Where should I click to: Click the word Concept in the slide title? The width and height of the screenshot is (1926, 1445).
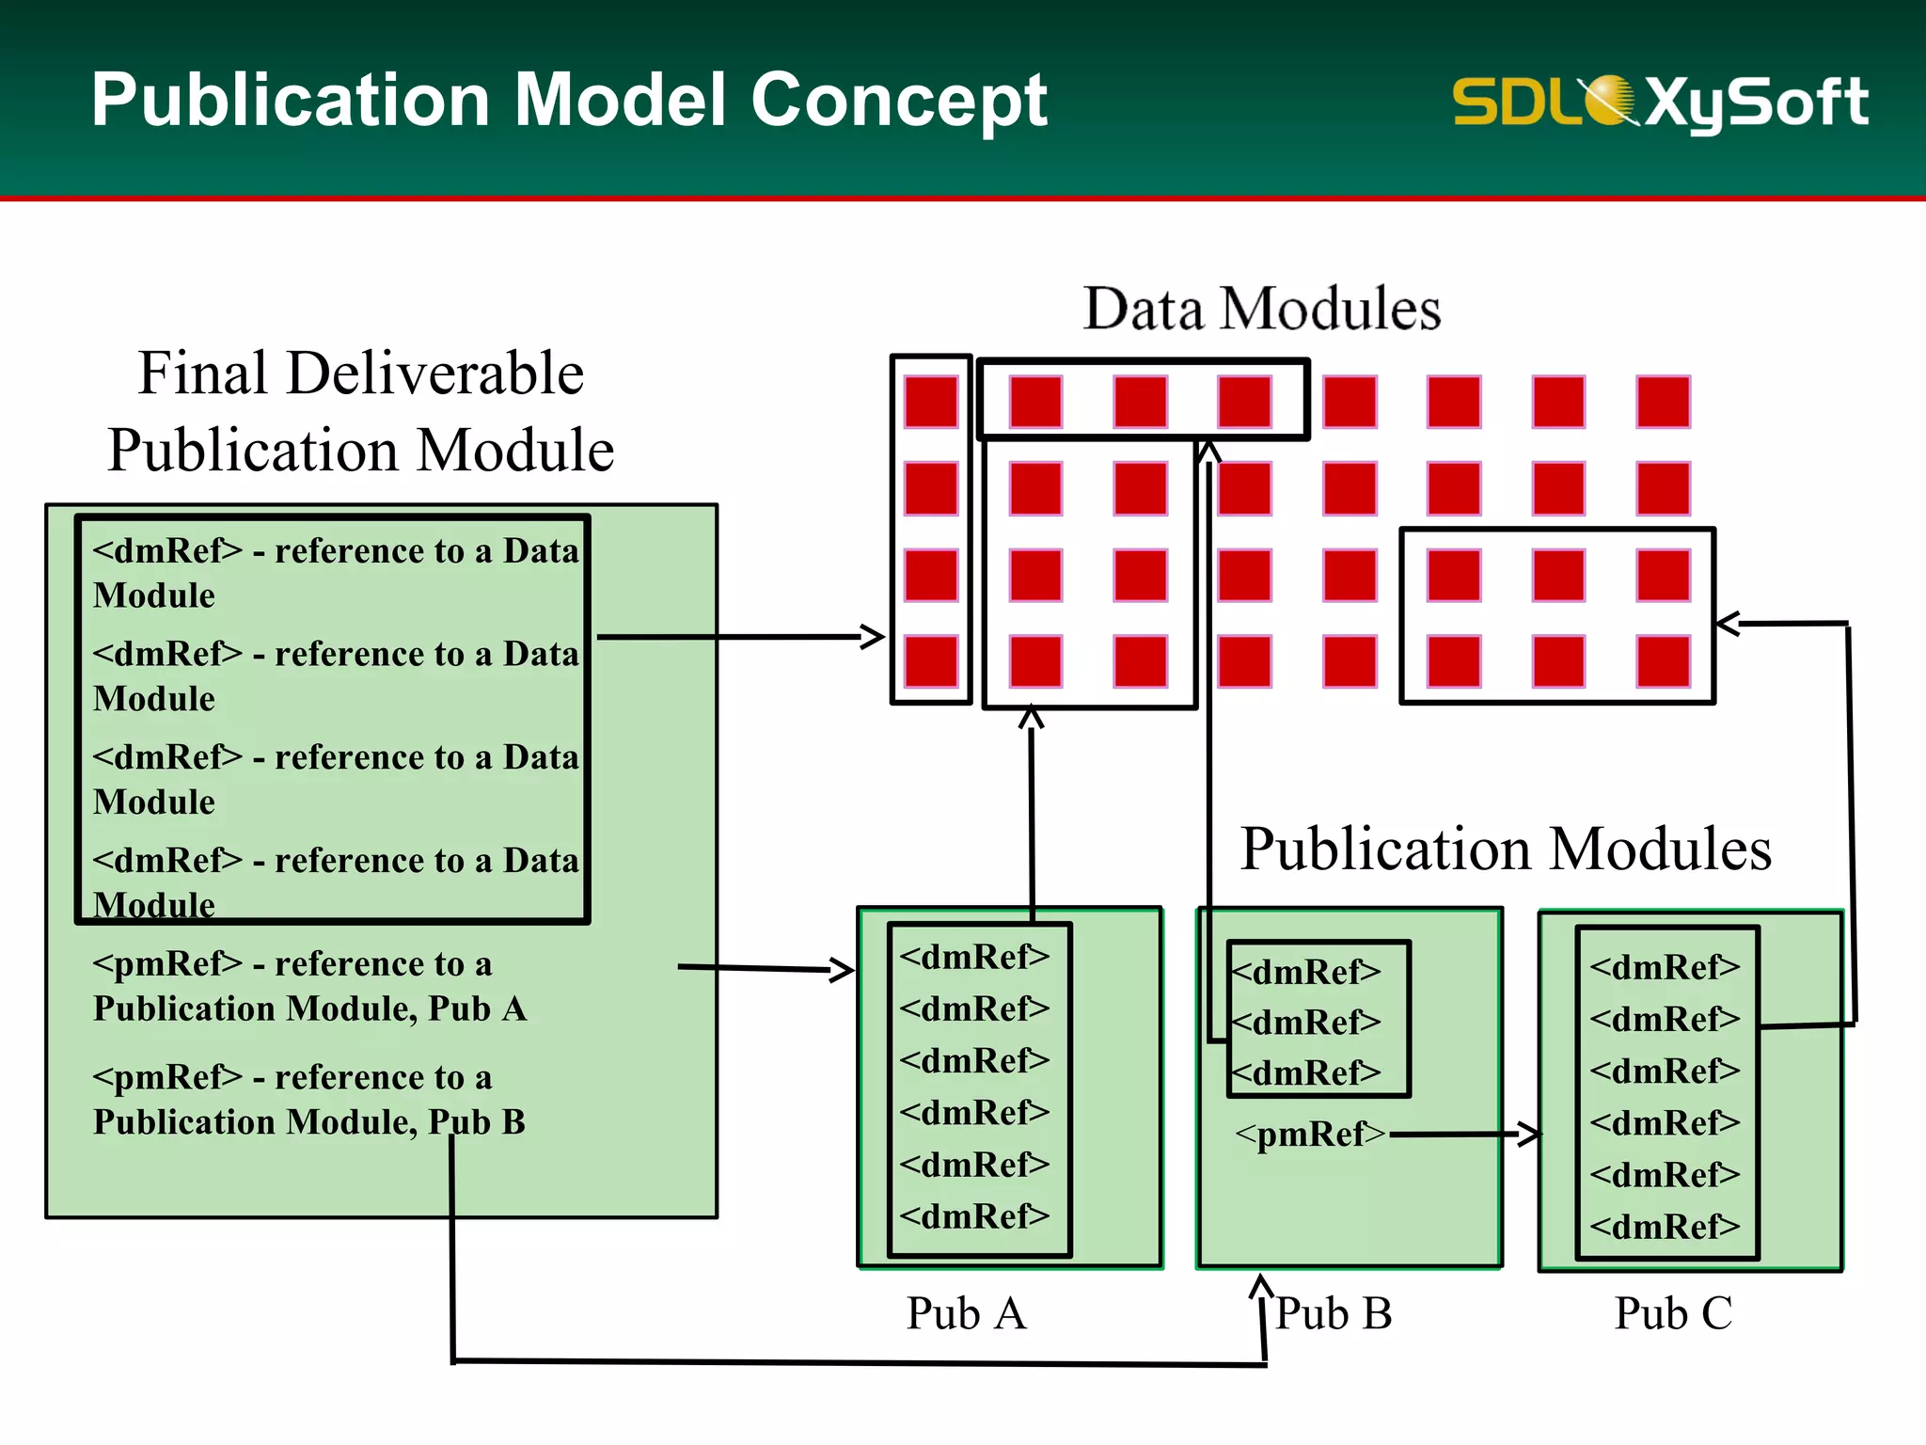coord(898,101)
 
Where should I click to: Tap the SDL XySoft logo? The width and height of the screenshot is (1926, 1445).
coord(1660,102)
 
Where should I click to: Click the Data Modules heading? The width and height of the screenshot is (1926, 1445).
coord(1261,309)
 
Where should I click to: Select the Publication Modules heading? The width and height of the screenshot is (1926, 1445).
coord(1505,849)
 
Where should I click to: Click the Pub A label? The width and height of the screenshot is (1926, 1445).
coord(966,1313)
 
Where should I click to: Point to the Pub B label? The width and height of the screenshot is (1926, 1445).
coord(1333,1313)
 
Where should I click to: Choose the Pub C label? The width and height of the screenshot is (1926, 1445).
coord(1673,1313)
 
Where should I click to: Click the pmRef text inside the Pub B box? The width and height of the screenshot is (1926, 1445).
coord(1310,1135)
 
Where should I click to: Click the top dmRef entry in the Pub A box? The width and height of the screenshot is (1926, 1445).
coord(974,957)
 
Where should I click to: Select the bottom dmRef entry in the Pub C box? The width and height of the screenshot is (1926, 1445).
coord(1665,1227)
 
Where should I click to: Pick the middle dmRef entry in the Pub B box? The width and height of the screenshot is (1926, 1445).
coord(1307,1022)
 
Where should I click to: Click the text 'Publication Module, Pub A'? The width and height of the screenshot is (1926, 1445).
coord(309,1009)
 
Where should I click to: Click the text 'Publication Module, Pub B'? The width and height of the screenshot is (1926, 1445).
coord(309,1122)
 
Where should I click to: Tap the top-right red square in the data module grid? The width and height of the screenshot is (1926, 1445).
coord(1663,403)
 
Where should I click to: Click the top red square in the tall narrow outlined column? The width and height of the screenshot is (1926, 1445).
coord(931,403)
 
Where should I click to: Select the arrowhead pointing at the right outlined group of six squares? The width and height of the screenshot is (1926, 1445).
coord(1727,623)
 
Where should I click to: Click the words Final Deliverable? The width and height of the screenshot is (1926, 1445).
coord(361,373)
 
